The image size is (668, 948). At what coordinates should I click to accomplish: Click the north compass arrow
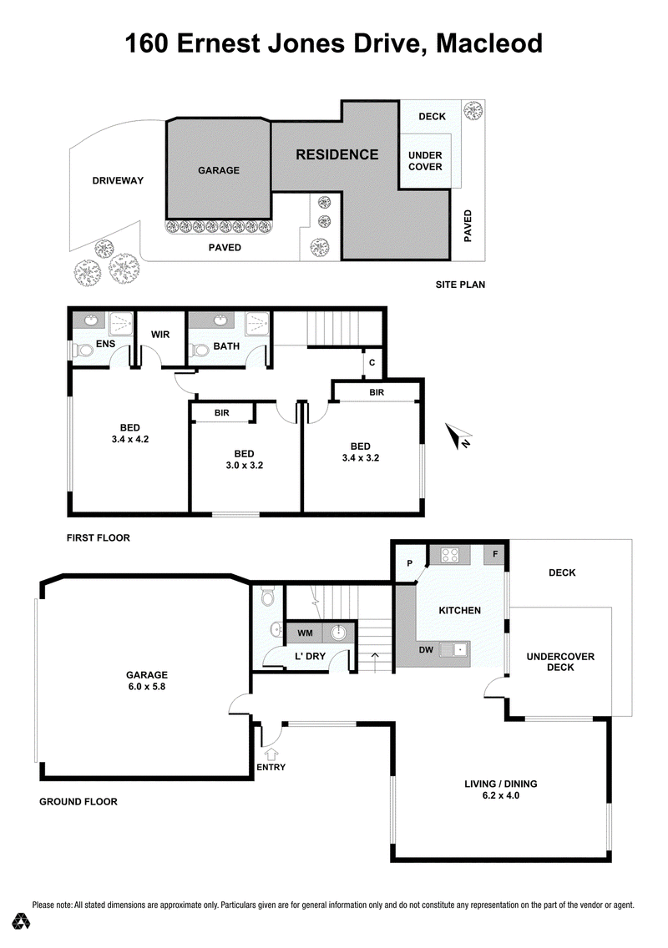458,436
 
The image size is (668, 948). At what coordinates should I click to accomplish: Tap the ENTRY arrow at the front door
271,754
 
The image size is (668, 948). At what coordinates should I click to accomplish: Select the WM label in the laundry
305,633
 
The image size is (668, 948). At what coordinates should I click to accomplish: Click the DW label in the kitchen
426,650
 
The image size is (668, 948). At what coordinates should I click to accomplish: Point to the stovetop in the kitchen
449,554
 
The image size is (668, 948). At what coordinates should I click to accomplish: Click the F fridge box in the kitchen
495,554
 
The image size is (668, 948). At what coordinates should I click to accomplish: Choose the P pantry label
410,563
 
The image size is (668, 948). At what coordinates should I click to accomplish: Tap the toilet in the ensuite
81,350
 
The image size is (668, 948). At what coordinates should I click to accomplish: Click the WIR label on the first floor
160,335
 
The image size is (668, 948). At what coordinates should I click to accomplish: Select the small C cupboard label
372,363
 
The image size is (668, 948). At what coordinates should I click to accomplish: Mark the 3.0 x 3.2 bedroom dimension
245,466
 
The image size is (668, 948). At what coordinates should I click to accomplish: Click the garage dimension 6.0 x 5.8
147,687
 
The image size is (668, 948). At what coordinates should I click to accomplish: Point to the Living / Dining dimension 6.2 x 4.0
501,795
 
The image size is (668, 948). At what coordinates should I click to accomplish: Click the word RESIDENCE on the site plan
337,154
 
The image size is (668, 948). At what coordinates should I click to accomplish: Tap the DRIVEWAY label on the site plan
118,180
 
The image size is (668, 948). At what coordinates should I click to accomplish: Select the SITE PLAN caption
460,285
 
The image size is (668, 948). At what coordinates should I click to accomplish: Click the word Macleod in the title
489,43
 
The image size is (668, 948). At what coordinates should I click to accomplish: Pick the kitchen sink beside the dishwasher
453,650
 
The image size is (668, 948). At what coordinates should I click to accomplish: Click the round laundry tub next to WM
338,633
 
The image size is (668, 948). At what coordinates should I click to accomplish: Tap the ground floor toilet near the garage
267,598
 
